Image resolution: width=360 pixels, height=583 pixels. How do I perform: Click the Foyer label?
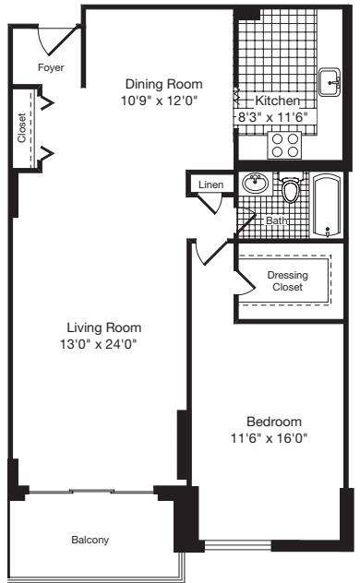pyautogui.click(x=49, y=67)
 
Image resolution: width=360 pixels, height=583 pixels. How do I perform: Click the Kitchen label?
pyautogui.click(x=275, y=100)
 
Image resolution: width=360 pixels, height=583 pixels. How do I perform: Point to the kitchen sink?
pyautogui.click(x=330, y=83)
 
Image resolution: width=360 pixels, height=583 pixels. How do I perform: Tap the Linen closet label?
pyautogui.click(x=210, y=184)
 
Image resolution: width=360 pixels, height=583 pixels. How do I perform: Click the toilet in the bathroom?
pyautogui.click(x=292, y=191)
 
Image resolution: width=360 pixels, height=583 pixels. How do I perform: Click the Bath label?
pyautogui.click(x=275, y=221)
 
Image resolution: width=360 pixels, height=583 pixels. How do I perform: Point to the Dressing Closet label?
pyautogui.click(x=287, y=280)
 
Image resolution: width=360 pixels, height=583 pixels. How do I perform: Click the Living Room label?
pyautogui.click(x=102, y=327)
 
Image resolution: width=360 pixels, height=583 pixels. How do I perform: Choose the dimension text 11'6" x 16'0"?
pyautogui.click(x=269, y=439)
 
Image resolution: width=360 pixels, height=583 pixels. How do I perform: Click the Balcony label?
pyautogui.click(x=90, y=540)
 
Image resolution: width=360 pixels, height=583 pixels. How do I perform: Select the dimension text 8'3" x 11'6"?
pyautogui.click(x=275, y=117)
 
